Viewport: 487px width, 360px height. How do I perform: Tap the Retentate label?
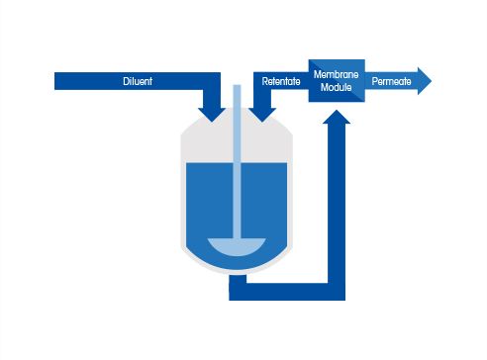click(x=281, y=81)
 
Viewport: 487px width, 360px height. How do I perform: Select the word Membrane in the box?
click(x=336, y=75)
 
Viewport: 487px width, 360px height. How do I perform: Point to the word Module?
click(x=336, y=87)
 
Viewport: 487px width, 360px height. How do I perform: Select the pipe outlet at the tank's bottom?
click(x=238, y=287)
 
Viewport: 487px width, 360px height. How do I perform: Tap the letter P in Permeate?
click(x=375, y=81)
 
